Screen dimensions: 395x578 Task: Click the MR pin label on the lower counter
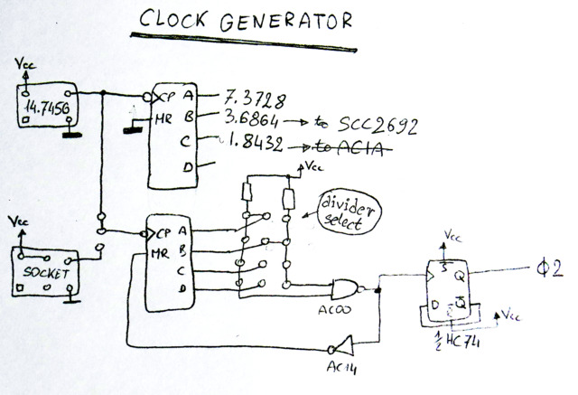tap(161, 253)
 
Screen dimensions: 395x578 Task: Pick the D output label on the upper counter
tap(186, 168)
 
